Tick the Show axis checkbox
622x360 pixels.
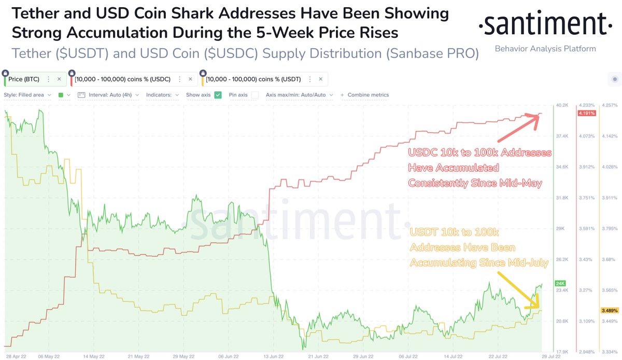click(218, 95)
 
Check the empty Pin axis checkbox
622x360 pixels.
click(255, 95)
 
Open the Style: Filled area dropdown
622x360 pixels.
click(27, 95)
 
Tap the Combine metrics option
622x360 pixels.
click(368, 95)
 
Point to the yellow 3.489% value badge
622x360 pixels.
click(609, 310)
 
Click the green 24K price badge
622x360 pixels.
click(560, 283)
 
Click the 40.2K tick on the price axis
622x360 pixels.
click(563, 105)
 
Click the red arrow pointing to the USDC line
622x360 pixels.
click(518, 128)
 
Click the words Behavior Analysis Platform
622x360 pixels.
click(545, 49)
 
